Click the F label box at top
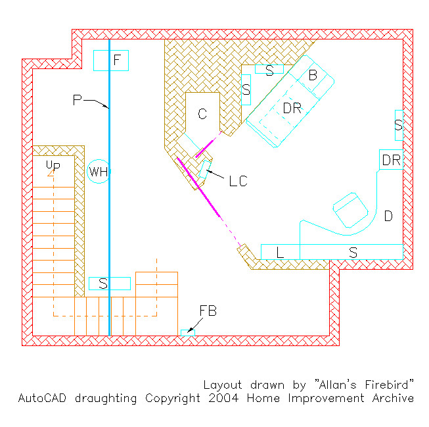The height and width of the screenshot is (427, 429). pos(110,61)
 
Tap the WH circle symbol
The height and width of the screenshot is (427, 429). pos(99,172)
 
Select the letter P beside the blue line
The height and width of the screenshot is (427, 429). pos(78,100)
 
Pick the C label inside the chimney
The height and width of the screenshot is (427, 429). pos(202,114)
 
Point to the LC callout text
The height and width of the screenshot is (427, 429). pos(238,181)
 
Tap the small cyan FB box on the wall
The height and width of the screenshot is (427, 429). pos(188,334)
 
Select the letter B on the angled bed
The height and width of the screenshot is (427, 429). pos(313,76)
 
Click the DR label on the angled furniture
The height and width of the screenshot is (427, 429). pos(292,108)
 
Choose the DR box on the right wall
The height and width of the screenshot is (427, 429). pos(391,160)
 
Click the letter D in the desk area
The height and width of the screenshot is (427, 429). pos(388,216)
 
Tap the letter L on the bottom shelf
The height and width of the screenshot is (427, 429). pos(280,252)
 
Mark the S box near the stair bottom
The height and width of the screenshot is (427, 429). pos(110,284)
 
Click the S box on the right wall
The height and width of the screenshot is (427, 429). pos(398,125)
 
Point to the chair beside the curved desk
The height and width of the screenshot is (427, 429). pos(350,211)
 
